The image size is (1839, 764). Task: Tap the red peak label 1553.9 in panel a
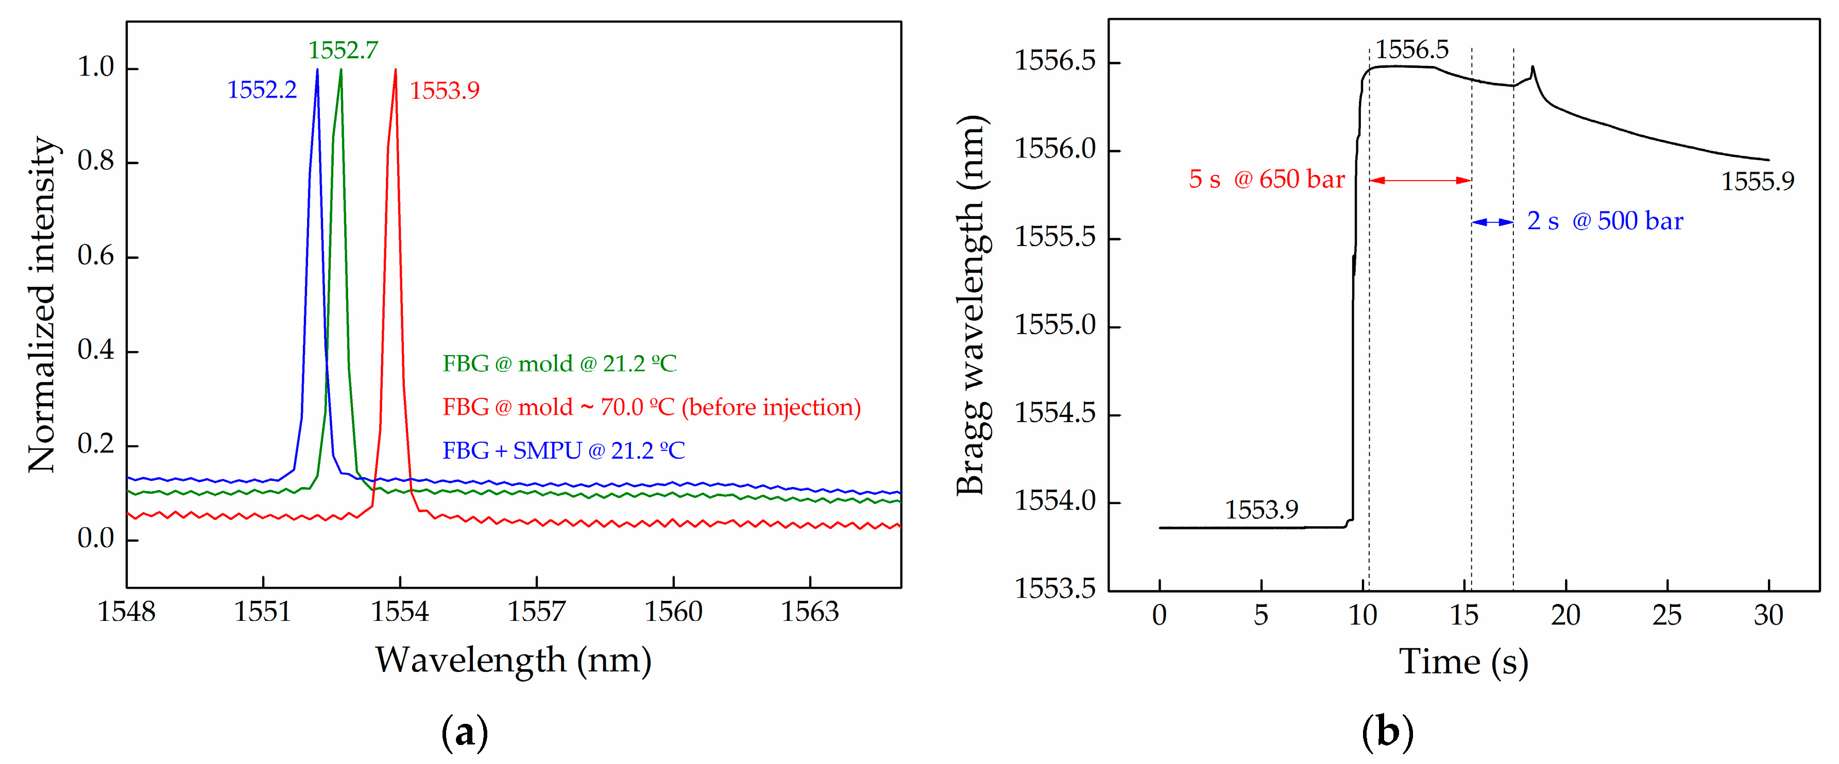(444, 91)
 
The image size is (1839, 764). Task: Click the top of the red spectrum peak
(396, 70)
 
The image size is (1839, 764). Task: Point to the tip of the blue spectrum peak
(317, 70)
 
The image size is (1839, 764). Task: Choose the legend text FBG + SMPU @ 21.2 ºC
(563, 451)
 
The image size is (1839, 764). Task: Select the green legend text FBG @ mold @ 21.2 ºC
(559, 364)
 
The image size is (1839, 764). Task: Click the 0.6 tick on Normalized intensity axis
(96, 256)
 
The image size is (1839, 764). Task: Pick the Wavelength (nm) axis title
(513, 660)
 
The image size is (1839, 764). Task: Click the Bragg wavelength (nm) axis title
(972, 305)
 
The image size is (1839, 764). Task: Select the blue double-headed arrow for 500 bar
(1492, 222)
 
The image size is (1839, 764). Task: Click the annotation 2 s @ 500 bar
(1604, 221)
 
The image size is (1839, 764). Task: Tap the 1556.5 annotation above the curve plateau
(1411, 50)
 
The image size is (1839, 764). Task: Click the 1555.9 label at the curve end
(1757, 182)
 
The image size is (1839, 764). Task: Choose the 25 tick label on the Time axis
(1666, 615)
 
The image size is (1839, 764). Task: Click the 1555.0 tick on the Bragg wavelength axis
(1054, 326)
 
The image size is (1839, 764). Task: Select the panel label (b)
(1387, 733)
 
